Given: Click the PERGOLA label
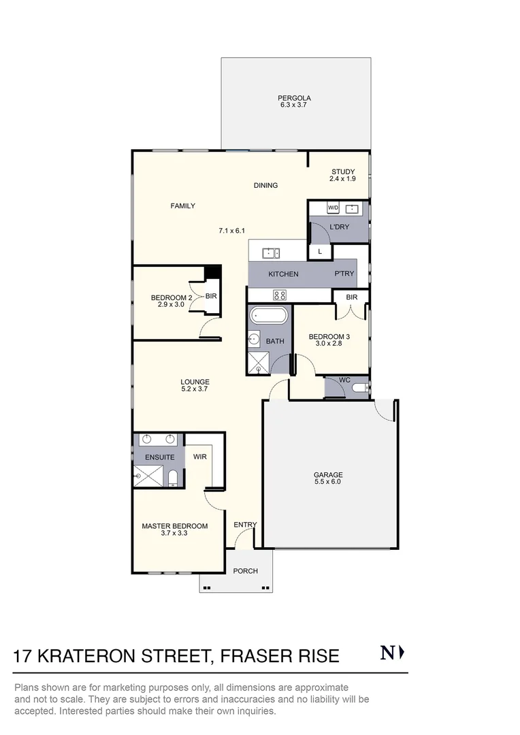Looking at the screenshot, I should (x=295, y=98).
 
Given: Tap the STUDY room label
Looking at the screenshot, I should (x=343, y=171).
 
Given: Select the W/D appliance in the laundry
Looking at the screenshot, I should (x=334, y=208).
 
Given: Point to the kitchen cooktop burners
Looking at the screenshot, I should (x=279, y=295).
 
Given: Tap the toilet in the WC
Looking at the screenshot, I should (x=359, y=388).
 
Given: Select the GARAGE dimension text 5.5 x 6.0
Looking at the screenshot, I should (x=327, y=482).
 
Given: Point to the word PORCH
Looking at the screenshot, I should (x=245, y=571).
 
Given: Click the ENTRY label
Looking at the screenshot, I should (x=245, y=525).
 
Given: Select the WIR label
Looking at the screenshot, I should (x=199, y=457).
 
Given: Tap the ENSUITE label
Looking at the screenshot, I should (x=159, y=457).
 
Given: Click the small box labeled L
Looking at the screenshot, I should (x=319, y=252).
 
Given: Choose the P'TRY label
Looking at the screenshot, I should (x=342, y=274).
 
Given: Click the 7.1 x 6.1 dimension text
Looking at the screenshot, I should (x=231, y=231).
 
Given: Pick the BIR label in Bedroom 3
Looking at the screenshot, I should (x=351, y=297).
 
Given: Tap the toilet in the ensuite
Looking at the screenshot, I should (x=173, y=477).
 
